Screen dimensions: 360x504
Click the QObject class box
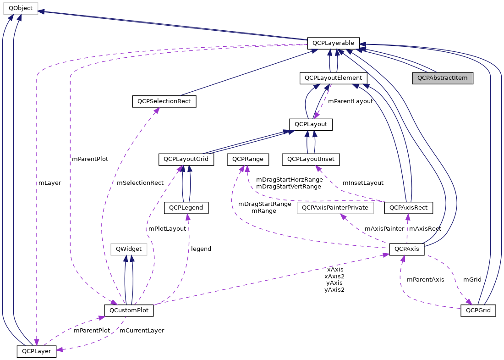point(19,7)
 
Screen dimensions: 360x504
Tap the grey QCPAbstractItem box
point(442,78)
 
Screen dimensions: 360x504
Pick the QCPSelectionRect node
point(164,101)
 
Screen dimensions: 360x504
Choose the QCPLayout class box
point(311,124)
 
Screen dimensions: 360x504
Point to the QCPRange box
point(247,160)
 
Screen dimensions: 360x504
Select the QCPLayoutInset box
point(312,160)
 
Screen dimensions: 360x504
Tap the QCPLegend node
point(186,208)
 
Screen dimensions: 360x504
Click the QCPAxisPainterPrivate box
point(335,208)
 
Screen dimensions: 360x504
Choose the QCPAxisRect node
point(408,208)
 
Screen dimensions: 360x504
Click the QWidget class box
point(129,249)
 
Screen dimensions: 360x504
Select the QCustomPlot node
point(129,310)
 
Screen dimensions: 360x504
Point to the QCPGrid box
point(478,310)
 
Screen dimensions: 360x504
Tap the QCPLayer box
point(36,352)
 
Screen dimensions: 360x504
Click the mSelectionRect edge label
point(140,183)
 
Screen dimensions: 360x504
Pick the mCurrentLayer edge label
point(142,330)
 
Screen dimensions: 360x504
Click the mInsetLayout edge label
point(363,183)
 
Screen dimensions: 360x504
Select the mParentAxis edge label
point(425,279)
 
